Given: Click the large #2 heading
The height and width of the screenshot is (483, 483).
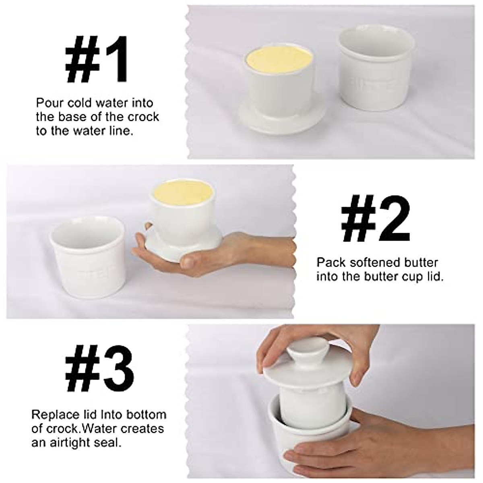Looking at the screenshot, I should pyautogui.click(x=376, y=220).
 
